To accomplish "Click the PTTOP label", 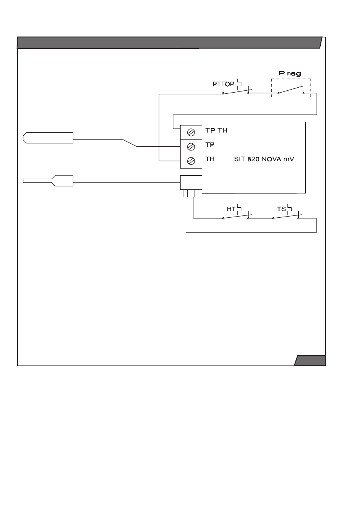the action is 223,84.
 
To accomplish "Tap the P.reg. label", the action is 291,73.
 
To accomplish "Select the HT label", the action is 231,209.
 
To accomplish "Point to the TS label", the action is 281,209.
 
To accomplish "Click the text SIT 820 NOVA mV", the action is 264,159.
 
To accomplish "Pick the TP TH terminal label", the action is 216,130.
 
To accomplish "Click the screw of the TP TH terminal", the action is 191,133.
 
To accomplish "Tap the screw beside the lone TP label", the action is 191,147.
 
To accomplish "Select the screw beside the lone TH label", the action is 191,161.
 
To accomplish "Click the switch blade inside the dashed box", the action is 291,90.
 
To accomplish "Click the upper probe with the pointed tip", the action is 48,138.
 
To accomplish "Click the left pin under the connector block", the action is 185,194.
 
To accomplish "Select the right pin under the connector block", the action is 193,194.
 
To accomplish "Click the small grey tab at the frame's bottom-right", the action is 310,361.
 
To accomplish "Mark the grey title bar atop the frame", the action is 169,43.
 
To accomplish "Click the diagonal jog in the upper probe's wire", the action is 130,143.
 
